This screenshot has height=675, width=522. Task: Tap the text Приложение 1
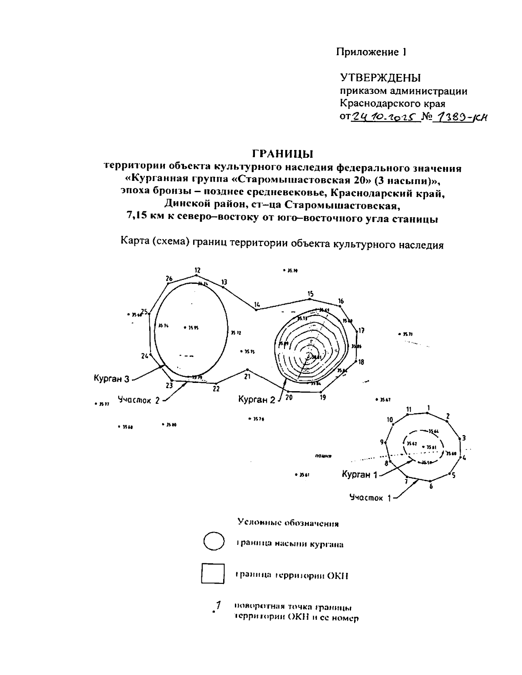(x=371, y=53)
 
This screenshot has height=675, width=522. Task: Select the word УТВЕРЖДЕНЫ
(x=380, y=78)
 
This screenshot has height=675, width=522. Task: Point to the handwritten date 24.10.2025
(x=385, y=116)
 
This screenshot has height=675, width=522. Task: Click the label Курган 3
(x=111, y=379)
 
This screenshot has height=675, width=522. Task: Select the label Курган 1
(x=359, y=475)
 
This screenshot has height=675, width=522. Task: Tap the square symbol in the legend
(x=213, y=573)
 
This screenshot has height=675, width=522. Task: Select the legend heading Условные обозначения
(x=288, y=523)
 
